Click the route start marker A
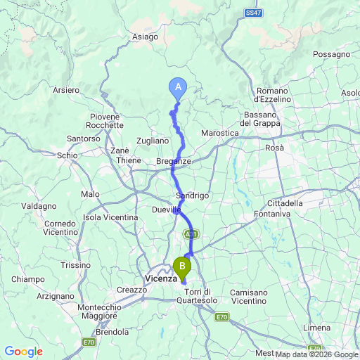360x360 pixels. pos(178,86)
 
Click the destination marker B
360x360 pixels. pos(182,266)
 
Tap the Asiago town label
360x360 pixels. pos(145,37)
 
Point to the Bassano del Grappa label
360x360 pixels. pos(265,119)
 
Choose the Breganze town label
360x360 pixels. pos(174,161)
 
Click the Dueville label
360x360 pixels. pos(166,210)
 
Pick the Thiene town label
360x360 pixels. pos(129,160)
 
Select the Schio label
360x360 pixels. pos(67,155)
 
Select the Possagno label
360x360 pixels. pos(332,54)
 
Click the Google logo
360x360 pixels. pos(23,352)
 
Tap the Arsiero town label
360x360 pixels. pos(66,90)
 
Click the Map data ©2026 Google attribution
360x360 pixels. pos(316,354)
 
